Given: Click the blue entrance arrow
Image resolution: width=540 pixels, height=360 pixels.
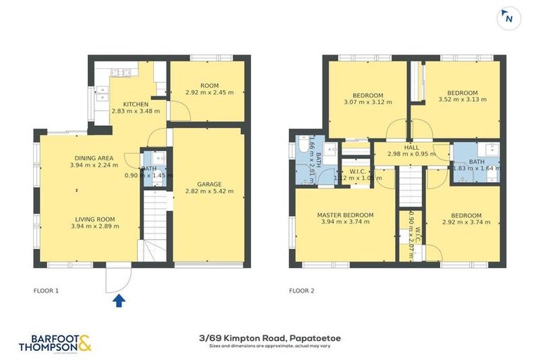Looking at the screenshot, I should tap(120, 301).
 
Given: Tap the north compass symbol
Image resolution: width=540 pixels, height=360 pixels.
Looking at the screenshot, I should tap(507, 19).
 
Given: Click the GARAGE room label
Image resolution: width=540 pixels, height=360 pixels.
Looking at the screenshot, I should tap(209, 184).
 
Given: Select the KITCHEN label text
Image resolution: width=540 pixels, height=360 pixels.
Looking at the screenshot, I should tap(136, 104).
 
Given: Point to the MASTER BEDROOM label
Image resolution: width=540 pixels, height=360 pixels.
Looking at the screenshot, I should tap(342, 215).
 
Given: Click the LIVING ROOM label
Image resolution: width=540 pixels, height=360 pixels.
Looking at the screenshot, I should tap(95, 219).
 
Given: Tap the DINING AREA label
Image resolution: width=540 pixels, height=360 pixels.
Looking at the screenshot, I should tap(95, 157).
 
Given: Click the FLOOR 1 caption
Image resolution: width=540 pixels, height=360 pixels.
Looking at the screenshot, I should tap(47, 290).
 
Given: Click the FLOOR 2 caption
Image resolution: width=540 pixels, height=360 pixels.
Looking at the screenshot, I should tap(303, 290).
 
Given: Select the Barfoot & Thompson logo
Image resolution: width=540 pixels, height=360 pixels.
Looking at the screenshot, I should tap(55, 342).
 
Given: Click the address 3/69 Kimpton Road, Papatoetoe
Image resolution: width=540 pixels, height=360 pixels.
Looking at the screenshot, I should tap(269, 338).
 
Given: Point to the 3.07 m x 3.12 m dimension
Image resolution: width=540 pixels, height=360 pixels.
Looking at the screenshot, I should tap(368, 103).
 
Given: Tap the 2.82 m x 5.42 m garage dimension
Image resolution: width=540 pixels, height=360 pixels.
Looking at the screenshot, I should tap(209, 191).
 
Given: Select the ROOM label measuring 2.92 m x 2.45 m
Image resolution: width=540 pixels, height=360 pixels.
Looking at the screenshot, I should tap(210, 84).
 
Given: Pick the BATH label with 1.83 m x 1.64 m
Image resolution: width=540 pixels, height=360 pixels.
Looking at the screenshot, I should tap(476, 162).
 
